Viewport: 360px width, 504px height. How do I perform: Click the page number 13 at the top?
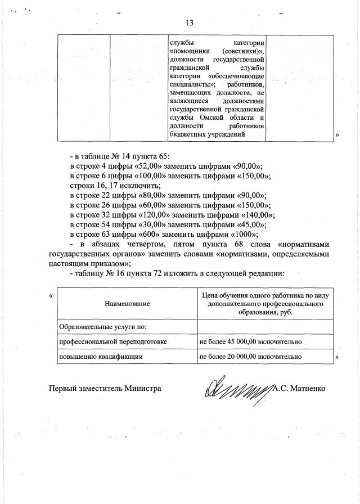tap(189, 23)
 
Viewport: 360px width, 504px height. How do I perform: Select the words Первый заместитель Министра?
tap(105, 388)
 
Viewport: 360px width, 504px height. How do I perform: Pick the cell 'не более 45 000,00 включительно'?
tap(251, 341)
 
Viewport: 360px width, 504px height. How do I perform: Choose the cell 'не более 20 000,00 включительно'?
tap(251, 356)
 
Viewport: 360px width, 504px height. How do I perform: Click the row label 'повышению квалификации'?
tap(96, 356)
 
